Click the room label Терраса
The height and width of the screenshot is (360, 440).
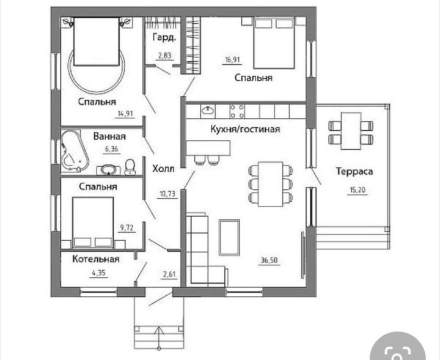354,171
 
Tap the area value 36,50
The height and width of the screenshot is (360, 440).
269,260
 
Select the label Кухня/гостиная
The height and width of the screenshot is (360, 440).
245,129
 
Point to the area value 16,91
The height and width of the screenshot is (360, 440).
232,60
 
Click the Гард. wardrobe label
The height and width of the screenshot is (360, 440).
164,37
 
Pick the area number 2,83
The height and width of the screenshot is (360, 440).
165,56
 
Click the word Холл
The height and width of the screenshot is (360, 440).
163,169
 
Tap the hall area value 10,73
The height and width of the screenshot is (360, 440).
167,194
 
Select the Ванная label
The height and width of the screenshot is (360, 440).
109,136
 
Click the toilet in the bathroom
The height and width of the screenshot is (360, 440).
130,167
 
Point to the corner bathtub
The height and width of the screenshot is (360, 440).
75,151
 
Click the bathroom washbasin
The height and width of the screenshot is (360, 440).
109,170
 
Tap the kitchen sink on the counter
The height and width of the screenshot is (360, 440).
208,111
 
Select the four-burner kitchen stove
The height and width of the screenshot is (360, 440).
237,111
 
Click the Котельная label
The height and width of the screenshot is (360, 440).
96,259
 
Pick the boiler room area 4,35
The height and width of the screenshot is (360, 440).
99,273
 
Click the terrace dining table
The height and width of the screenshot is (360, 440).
351,131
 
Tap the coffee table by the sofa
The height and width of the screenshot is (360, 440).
229,238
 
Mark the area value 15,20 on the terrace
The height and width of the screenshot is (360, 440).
358,191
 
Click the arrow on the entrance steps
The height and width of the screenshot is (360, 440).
159,338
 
